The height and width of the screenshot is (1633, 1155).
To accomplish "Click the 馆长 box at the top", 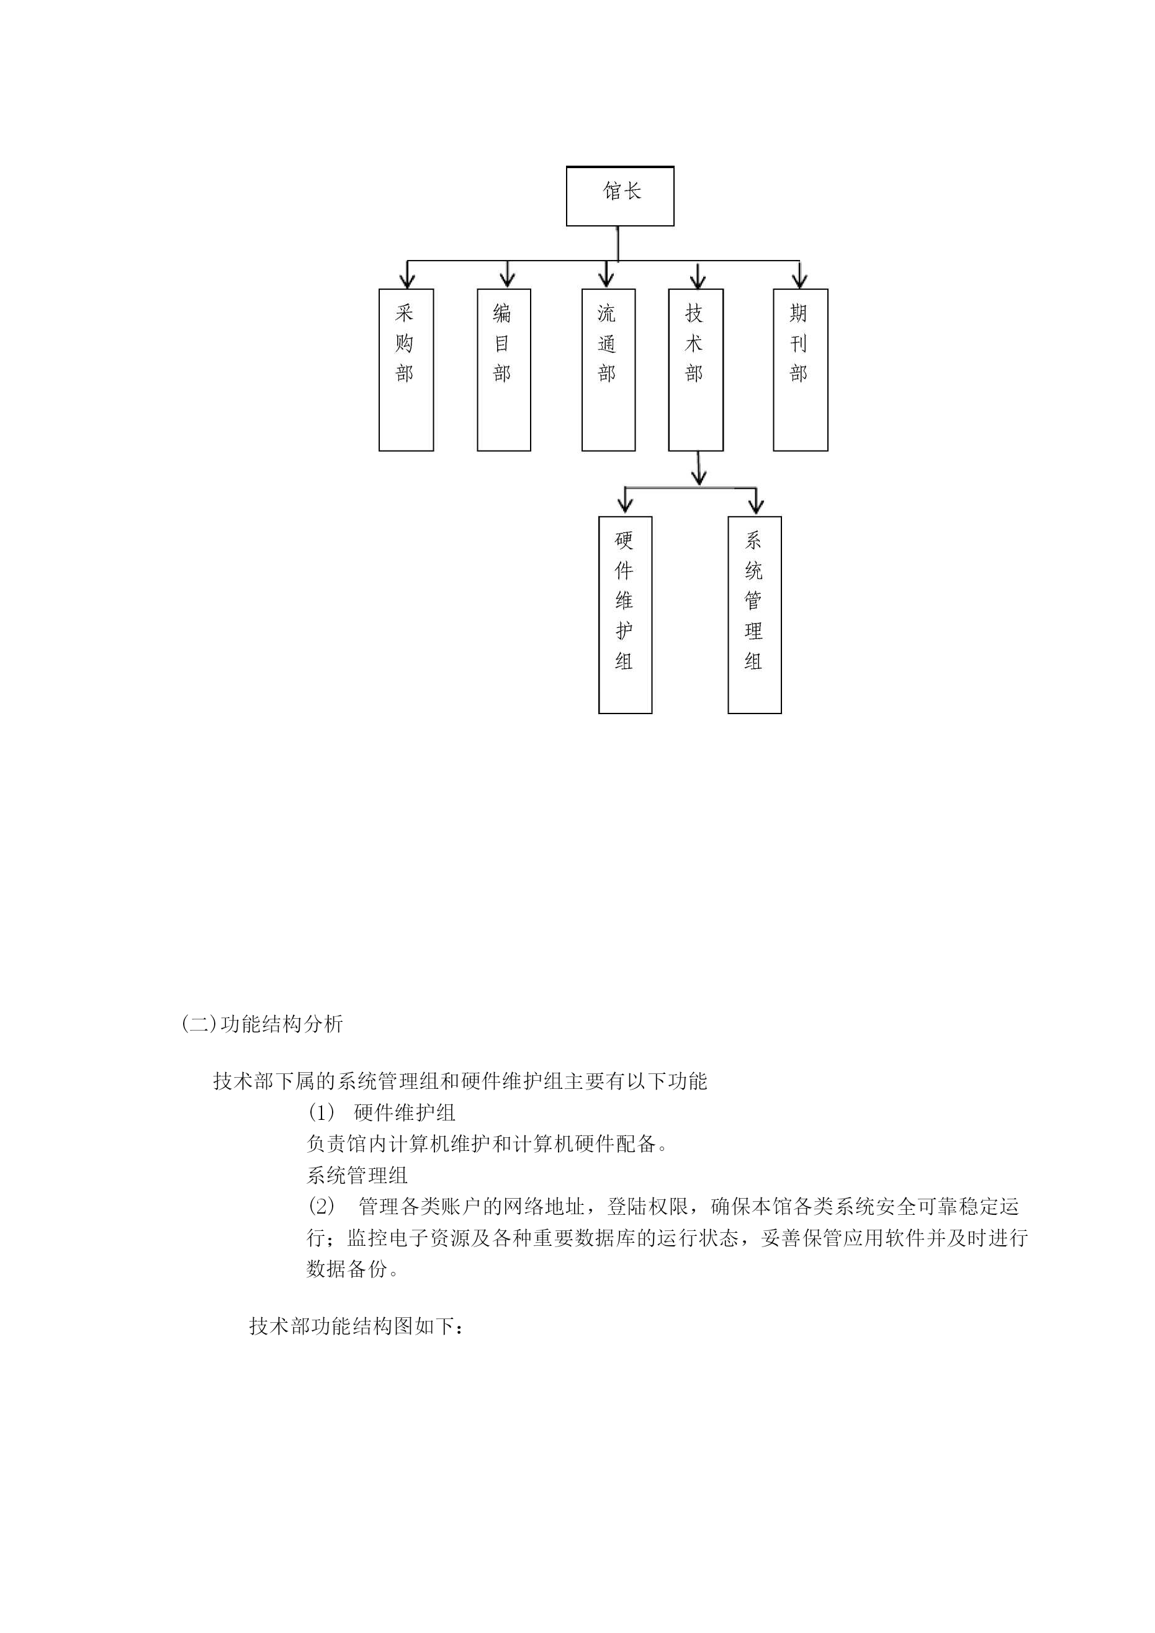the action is coord(620,196).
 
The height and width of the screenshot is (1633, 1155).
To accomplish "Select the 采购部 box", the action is coord(407,370).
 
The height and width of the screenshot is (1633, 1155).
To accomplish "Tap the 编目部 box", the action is coord(504,370).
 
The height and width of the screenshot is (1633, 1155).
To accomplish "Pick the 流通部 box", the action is coord(608,370).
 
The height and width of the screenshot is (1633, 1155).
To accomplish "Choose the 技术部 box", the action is coord(696,370).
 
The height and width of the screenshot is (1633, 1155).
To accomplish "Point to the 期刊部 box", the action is coord(801,370).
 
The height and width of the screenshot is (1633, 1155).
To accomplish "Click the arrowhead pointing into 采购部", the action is coord(407,280).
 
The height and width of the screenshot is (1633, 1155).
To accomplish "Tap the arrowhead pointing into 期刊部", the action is coord(800,280).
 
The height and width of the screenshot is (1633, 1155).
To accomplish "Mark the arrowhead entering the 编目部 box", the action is coord(506,280).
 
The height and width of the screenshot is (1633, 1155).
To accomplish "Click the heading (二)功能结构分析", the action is coord(263,1024).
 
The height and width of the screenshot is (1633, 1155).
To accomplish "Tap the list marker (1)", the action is coord(321,1112).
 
